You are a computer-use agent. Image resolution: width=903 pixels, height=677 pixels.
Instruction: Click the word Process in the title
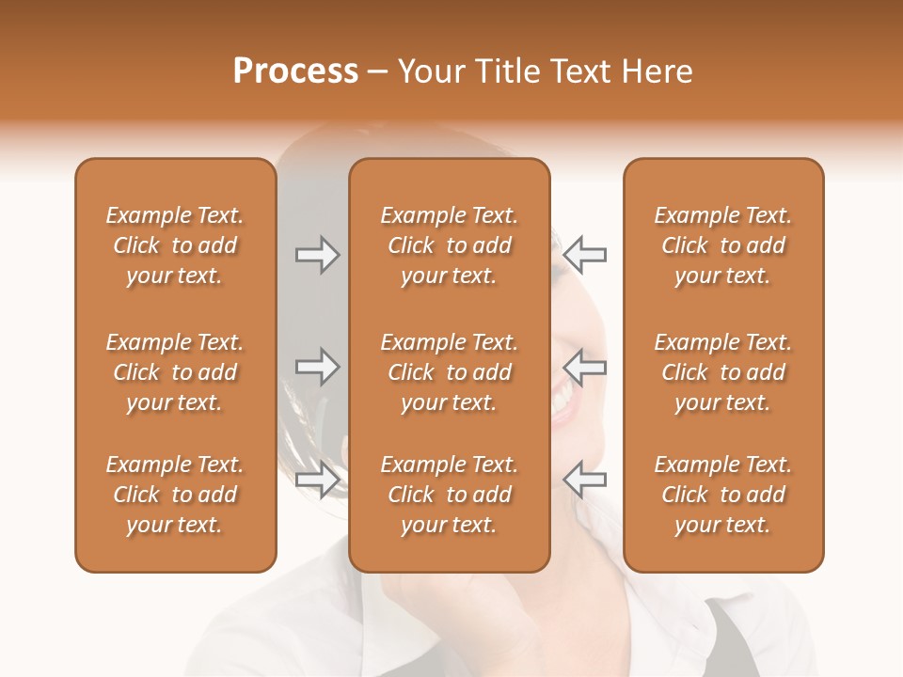coord(295,71)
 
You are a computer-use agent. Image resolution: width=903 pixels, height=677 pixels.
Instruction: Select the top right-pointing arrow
coord(317,255)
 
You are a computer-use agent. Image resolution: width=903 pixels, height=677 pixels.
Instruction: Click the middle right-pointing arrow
coord(317,367)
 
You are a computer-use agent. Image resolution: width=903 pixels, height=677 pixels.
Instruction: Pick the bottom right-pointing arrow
coord(317,480)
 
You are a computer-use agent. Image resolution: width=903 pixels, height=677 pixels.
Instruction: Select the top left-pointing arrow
coord(584,255)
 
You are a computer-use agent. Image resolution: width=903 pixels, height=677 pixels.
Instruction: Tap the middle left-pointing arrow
coord(584,367)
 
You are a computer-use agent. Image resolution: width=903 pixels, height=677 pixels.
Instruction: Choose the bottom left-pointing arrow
coord(584,480)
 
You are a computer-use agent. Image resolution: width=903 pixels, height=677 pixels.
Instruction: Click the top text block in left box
coord(175,245)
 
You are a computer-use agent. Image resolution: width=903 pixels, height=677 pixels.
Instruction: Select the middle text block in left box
coord(175,372)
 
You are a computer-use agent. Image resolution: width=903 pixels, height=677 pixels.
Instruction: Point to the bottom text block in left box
coord(175,495)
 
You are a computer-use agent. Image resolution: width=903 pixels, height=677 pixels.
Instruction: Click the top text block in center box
coord(449,245)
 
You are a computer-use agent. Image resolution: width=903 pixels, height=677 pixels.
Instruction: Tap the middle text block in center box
coord(449,372)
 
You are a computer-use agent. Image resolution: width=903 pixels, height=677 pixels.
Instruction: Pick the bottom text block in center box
coord(449,495)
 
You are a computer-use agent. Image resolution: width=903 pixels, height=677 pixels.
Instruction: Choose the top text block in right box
coord(722,245)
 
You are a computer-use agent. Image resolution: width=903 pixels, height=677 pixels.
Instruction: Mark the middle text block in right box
coord(722,372)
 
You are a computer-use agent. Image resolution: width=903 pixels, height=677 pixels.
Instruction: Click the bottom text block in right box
coord(722,495)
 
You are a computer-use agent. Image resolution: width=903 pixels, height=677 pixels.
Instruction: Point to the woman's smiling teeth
coord(567,400)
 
